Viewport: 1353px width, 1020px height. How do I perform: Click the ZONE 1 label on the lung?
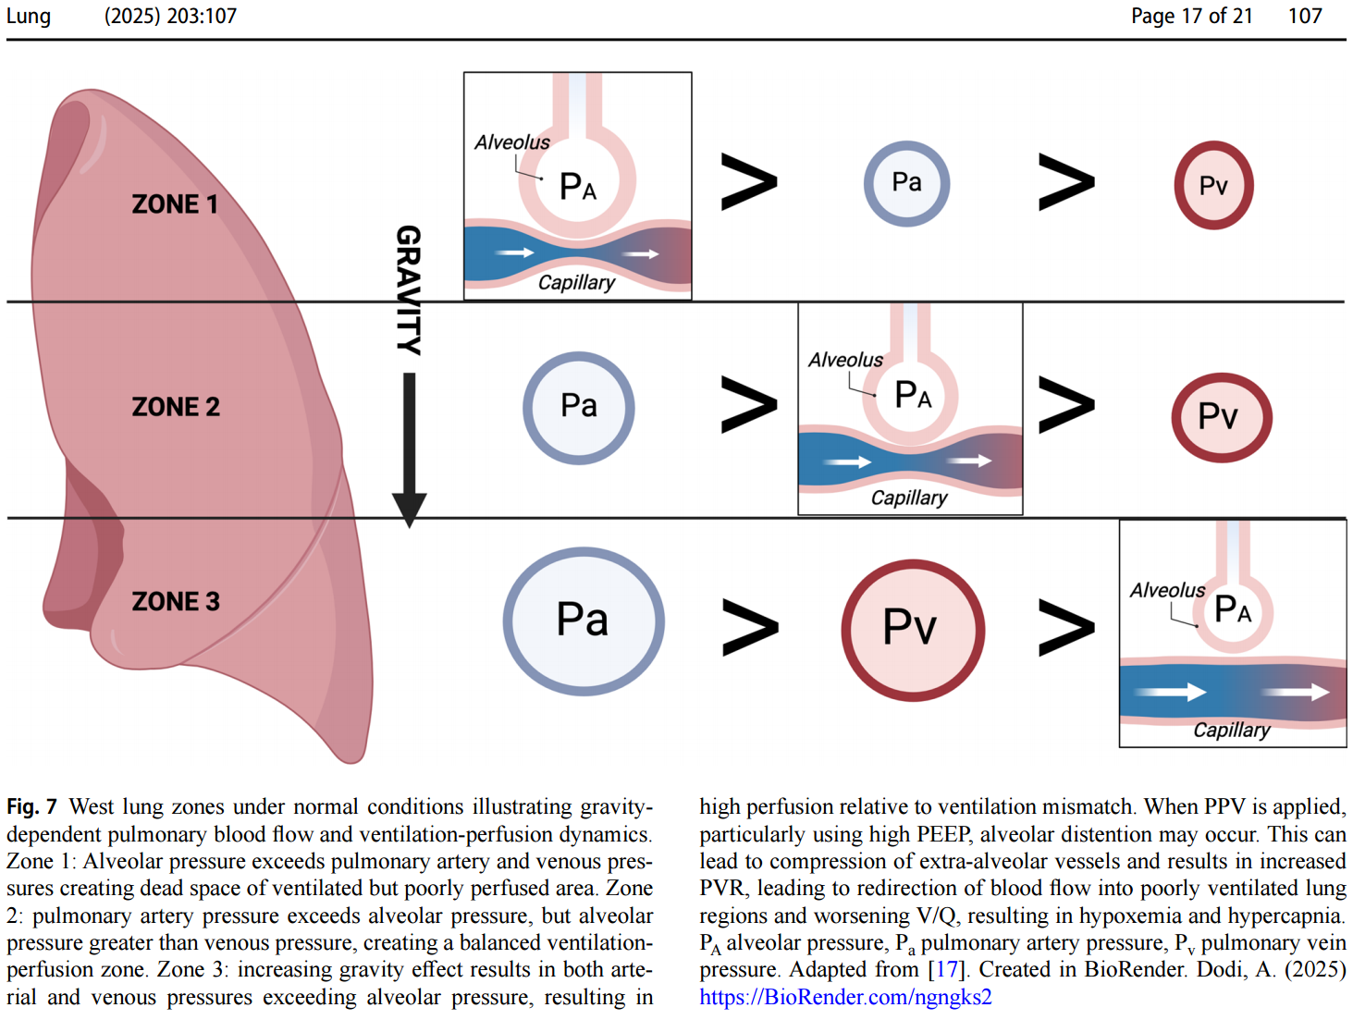pyautogui.click(x=175, y=204)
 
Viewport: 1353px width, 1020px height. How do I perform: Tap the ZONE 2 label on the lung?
pyautogui.click(x=176, y=407)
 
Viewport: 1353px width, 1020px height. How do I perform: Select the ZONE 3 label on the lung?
pyautogui.click(x=176, y=602)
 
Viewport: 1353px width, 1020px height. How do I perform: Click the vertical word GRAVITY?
pyautogui.click(x=409, y=289)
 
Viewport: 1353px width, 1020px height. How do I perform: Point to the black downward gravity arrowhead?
pyautogui.click(x=409, y=510)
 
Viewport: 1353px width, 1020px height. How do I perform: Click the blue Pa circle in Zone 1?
pyautogui.click(x=906, y=183)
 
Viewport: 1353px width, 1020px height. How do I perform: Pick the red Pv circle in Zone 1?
pyautogui.click(x=1213, y=186)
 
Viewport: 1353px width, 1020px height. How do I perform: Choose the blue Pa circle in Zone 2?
pyautogui.click(x=579, y=407)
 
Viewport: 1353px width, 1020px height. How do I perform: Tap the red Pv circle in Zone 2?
pyautogui.click(x=1221, y=417)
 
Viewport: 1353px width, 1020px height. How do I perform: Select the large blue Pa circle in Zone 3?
pyautogui.click(x=583, y=621)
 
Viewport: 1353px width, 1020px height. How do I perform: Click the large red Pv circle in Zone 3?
pyautogui.click(x=912, y=630)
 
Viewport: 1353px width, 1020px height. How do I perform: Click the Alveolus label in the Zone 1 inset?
pyautogui.click(x=511, y=142)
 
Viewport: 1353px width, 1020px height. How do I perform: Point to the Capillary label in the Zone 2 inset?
pyautogui.click(x=909, y=498)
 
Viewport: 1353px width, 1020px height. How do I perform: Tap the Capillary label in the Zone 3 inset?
pyautogui.click(x=1231, y=731)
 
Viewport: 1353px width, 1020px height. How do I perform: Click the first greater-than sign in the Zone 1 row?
pyautogui.click(x=748, y=182)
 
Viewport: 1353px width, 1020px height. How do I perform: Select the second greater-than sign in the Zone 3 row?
pyautogui.click(x=1065, y=628)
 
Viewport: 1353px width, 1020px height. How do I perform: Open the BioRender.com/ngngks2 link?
pyautogui.click(x=845, y=997)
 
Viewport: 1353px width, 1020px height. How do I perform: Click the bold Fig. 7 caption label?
pyautogui.click(x=31, y=807)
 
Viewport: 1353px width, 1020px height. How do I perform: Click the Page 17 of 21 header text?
pyautogui.click(x=1191, y=16)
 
